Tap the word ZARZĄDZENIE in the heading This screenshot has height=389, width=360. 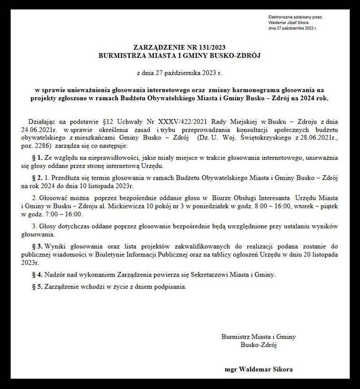click(x=157, y=48)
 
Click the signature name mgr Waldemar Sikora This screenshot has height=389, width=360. click(x=259, y=369)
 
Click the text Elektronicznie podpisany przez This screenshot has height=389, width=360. click(x=296, y=17)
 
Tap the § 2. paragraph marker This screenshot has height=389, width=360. click(x=38, y=177)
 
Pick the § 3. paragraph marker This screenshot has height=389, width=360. click(x=38, y=246)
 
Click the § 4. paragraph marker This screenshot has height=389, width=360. click(x=38, y=275)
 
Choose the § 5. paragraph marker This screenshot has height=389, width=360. click(x=38, y=287)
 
